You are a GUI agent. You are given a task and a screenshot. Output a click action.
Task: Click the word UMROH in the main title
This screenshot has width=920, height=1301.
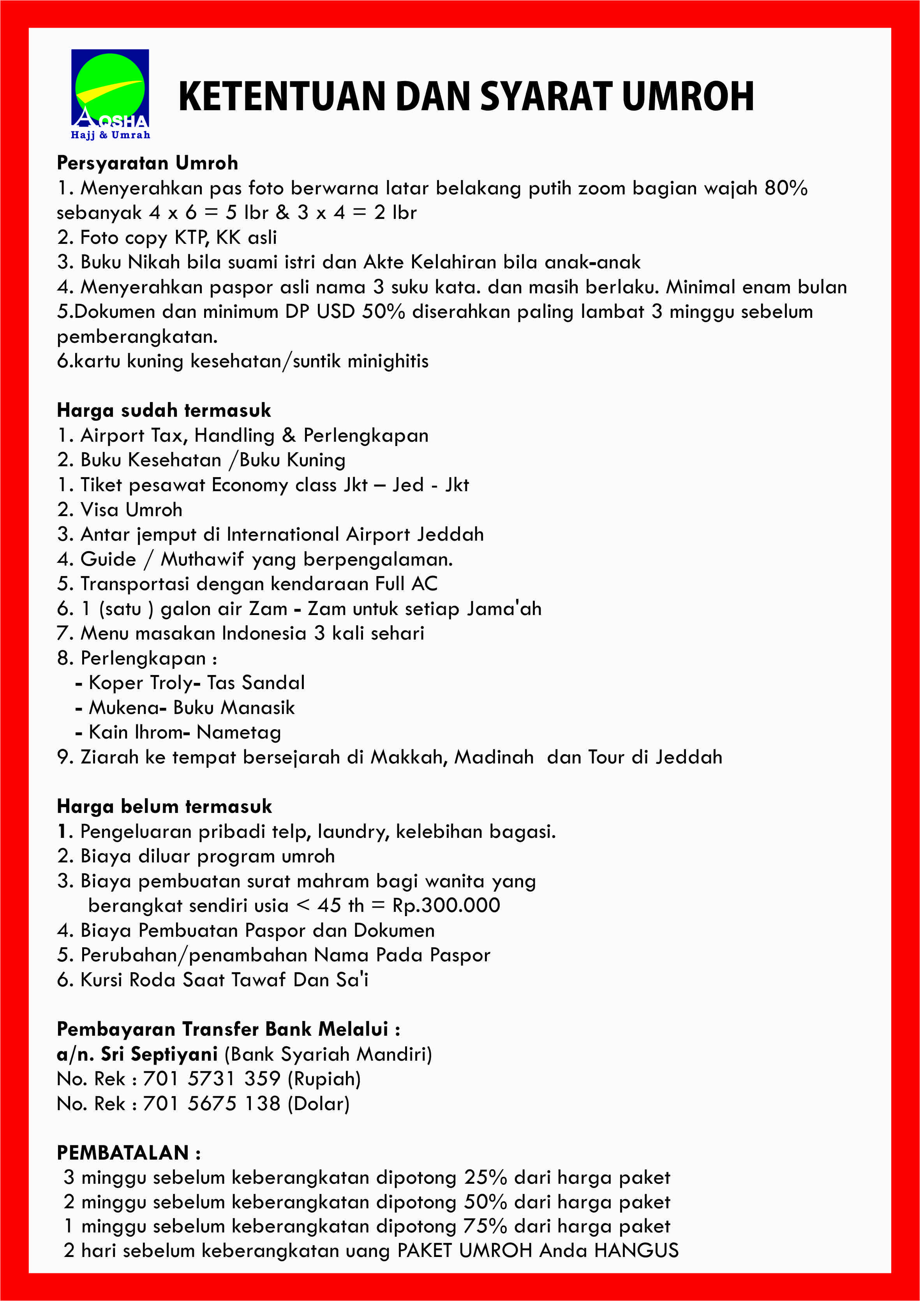pyautogui.click(x=688, y=96)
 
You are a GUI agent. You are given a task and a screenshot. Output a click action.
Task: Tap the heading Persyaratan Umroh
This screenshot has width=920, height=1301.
pyautogui.click(x=147, y=163)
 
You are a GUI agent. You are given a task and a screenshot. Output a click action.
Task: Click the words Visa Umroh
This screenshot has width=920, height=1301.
pyautogui.click(x=131, y=510)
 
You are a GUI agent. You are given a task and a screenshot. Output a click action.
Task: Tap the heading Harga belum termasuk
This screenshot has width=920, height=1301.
pyautogui.click(x=164, y=806)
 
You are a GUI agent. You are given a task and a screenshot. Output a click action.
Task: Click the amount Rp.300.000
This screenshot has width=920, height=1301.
pyautogui.click(x=446, y=906)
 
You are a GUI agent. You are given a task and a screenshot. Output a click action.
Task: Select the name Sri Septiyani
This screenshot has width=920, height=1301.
pyautogui.click(x=159, y=1054)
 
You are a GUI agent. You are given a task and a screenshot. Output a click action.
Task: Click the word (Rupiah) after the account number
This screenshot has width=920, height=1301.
pyautogui.click(x=324, y=1079)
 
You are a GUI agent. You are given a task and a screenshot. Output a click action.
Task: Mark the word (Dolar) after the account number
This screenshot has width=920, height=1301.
pyautogui.click(x=318, y=1104)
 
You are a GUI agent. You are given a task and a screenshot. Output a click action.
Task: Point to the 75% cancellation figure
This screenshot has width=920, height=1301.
pyautogui.click(x=485, y=1227)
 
